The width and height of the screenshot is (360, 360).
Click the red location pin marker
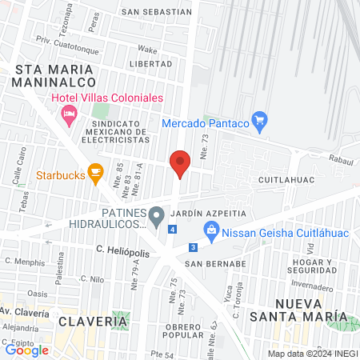(180, 163)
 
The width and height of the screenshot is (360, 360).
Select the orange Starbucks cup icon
(95, 171)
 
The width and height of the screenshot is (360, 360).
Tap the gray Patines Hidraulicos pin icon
(158, 214)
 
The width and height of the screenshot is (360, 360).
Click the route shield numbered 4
(173, 230)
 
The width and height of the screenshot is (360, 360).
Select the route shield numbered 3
(194, 247)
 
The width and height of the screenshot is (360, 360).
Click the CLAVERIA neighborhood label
(93, 321)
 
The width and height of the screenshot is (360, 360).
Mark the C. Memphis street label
(24, 262)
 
